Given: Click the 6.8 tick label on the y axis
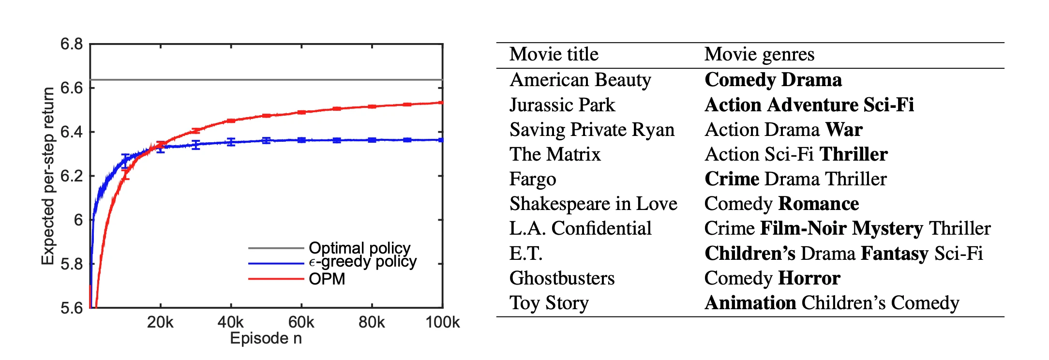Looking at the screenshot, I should pos(71,44).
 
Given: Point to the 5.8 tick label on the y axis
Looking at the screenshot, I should pos(71,264).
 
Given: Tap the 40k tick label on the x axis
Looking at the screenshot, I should pos(230,322).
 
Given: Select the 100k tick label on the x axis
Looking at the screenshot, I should pos(442,322).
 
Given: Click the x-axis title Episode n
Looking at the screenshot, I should pos(266,338).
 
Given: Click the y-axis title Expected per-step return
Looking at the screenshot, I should pos(48,176).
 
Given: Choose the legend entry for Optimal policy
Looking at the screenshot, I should pos(359,248).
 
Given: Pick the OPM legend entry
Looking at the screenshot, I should pos(327,279).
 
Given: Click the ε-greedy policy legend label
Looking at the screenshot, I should pos(362,262).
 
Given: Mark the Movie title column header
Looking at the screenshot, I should pos(554,54).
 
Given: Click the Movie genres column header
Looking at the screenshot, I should pos(759,54).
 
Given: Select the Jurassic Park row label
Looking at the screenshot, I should pos(562,105).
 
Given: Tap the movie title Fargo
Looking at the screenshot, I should pos(533,179).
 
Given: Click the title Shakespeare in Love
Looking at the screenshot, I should pos(593,204).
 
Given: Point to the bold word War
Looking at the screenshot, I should pos(844,130).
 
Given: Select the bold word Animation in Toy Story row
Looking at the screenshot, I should pos(750,303).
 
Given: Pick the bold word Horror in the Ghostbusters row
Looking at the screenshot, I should pos(809,278).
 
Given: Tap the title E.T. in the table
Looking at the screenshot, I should pos(526,254).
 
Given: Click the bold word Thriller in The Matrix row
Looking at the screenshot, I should pos(854,154).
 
